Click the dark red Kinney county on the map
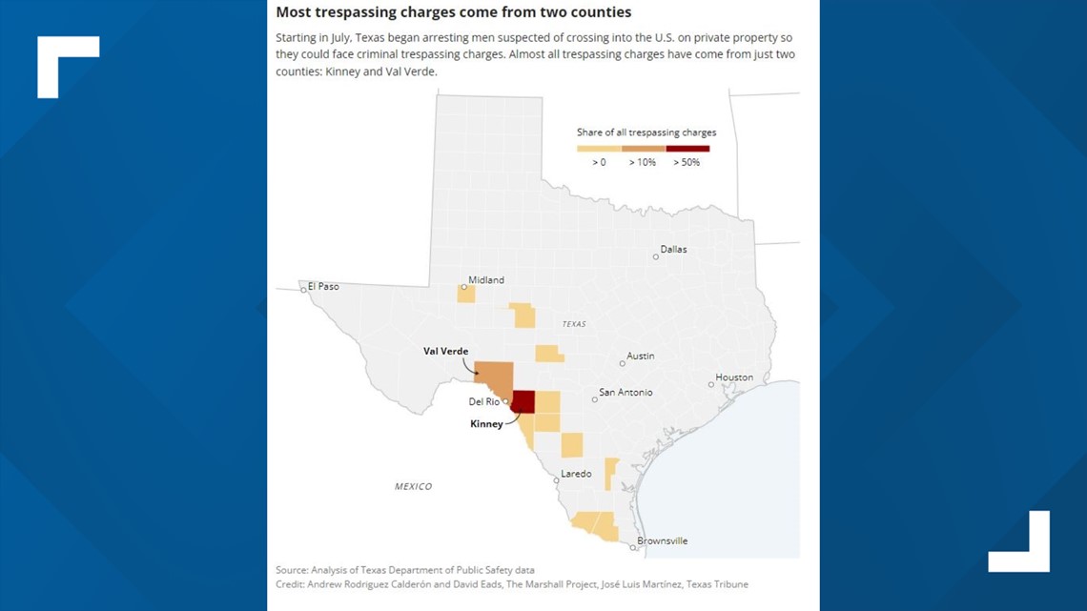pyautogui.click(x=523, y=400)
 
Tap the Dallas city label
pyautogui.click(x=673, y=250)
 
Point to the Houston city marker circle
pyautogui.click(x=711, y=384)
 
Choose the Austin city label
pyautogui.click(x=640, y=356)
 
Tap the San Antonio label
pyautogui.click(x=626, y=392)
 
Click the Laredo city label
pyautogui.click(x=576, y=474)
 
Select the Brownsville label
pyautogui.click(x=662, y=540)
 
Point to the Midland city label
pyautogui.click(x=486, y=280)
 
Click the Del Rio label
pyautogui.click(x=483, y=401)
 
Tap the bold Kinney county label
pyautogui.click(x=486, y=424)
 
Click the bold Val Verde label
pyautogui.click(x=445, y=351)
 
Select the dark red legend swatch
pyautogui.click(x=687, y=148)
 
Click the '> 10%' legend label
pyautogui.click(x=642, y=162)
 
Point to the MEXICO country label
pyautogui.click(x=413, y=486)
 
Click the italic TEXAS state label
pyautogui.click(x=574, y=324)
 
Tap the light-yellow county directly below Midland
pyautogui.click(x=466, y=294)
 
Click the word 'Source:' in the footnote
pyautogui.click(x=292, y=570)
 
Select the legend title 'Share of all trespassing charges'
pyautogui.click(x=646, y=132)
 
